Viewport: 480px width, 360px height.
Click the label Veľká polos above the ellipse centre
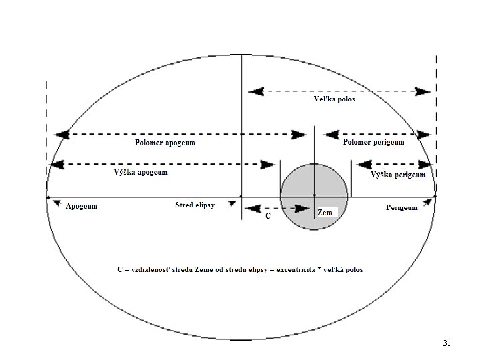tap(335, 99)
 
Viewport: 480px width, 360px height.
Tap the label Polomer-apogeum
tap(165, 142)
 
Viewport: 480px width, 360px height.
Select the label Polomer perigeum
tap(373, 142)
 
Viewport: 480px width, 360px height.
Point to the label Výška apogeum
tap(140, 173)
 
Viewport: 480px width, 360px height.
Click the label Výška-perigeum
tap(397, 175)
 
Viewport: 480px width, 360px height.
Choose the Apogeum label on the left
tap(81, 206)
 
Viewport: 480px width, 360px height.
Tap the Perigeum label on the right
tap(402, 208)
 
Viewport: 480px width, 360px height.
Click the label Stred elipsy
tap(195, 205)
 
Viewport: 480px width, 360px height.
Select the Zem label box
tap(327, 212)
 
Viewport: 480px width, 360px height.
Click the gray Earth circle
tap(314, 181)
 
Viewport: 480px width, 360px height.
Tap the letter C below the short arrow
tap(268, 217)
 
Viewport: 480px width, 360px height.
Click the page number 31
tap(447, 343)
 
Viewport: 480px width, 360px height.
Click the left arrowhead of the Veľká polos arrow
tap(254, 91)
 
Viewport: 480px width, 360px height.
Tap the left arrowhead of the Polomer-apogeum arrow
tap(62, 134)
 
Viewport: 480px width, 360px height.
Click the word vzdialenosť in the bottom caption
tap(151, 270)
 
